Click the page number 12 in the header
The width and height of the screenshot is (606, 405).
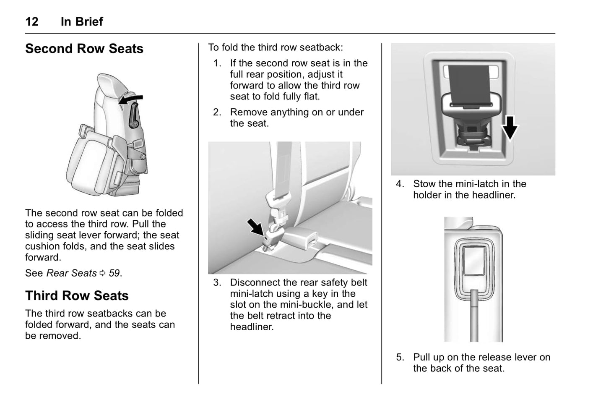32,21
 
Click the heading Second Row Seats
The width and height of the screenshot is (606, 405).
84,49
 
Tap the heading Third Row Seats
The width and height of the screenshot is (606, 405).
77,295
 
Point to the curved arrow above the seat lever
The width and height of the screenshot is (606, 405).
131,99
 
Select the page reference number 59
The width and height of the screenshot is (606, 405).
114,273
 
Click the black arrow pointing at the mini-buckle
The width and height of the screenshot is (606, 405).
255,227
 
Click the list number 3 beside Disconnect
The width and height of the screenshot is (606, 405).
217,283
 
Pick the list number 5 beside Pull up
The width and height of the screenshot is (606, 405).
400,358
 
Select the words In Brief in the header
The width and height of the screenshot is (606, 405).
82,21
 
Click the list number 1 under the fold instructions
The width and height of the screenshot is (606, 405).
217,63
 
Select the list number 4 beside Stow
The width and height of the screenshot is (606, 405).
400,184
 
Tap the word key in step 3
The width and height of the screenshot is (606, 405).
320,294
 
